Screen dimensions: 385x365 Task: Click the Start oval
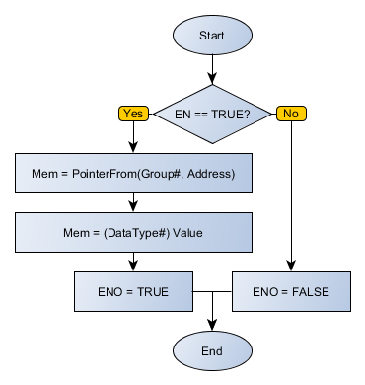pyautogui.click(x=212, y=36)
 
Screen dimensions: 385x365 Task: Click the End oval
pyautogui.click(x=212, y=350)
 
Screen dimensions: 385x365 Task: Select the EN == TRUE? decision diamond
pyautogui.click(x=212, y=114)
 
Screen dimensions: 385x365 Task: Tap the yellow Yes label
pyautogui.click(x=135, y=114)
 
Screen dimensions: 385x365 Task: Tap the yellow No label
pyautogui.click(x=290, y=114)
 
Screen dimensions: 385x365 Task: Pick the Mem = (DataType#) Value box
pyautogui.click(x=134, y=234)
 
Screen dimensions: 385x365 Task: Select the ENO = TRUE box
pyautogui.click(x=134, y=292)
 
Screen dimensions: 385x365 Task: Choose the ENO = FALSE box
pyautogui.click(x=290, y=292)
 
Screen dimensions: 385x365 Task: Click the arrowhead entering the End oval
pyautogui.click(x=212, y=324)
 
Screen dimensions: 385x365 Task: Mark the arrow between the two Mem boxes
pyautogui.click(x=134, y=204)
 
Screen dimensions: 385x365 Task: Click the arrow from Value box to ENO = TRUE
pyautogui.click(x=134, y=263)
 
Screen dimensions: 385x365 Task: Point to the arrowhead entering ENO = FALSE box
pyautogui.click(x=290, y=267)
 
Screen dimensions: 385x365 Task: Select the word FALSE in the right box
pyautogui.click(x=310, y=292)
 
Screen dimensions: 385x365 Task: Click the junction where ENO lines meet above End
pyautogui.click(x=212, y=292)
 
